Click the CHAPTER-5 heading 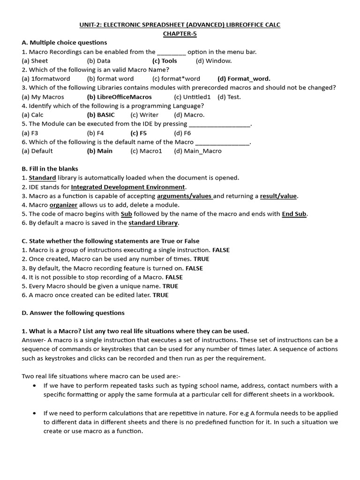pyautogui.click(x=180, y=34)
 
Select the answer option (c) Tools pyautogui.click(x=165, y=60)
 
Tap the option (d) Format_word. pyautogui.click(x=244, y=79)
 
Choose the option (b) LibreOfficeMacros pyautogui.click(x=120, y=97)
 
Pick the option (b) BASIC pyautogui.click(x=101, y=115)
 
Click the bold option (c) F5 pyautogui.click(x=139, y=133)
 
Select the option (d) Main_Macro pyautogui.click(x=197, y=151)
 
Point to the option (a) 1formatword pyautogui.click(x=46, y=79)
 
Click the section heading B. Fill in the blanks pyautogui.click(x=50, y=169)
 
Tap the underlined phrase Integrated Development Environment pyautogui.click(x=128, y=187)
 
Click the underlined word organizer pyautogui.click(x=63, y=205)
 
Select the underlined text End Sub pyautogui.click(x=294, y=214)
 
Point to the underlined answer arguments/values pyautogui.click(x=185, y=196)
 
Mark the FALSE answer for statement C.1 pyautogui.click(x=221, y=250)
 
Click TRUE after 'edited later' pyautogui.click(x=160, y=295)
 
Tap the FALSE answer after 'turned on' pyautogui.click(x=194, y=268)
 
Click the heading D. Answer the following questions pyautogui.click(x=73, y=313)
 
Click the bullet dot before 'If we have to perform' pyautogui.click(x=35, y=386)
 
